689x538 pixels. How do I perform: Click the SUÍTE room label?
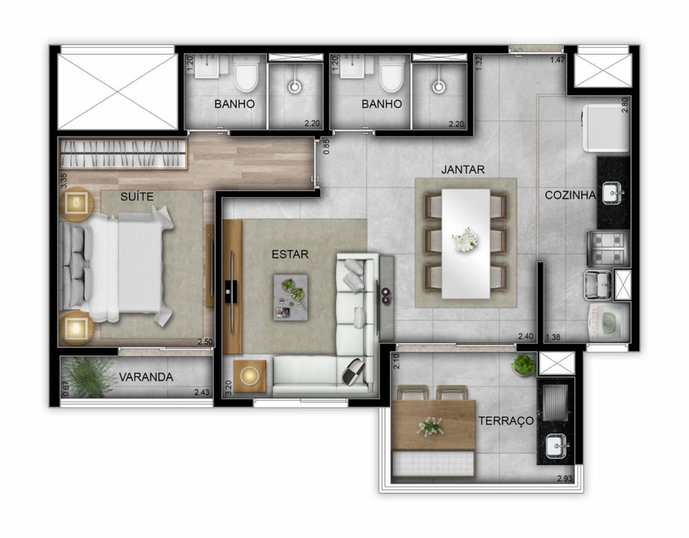(137, 196)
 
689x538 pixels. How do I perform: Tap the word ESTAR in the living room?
(290, 254)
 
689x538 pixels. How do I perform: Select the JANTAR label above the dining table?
(462, 170)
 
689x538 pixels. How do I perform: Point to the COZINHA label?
(570, 195)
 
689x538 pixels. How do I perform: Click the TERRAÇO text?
(506, 420)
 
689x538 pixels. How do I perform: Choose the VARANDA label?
(145, 377)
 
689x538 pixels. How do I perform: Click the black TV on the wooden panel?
(231, 288)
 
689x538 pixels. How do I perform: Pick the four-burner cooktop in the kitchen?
(608, 248)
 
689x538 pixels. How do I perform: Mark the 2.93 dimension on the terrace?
(565, 479)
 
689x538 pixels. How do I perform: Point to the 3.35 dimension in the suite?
(63, 181)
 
